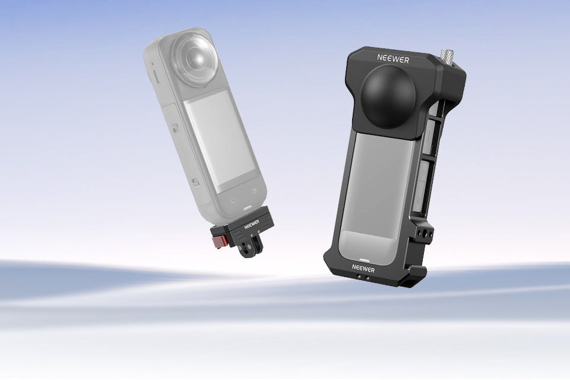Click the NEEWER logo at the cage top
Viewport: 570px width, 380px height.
click(x=393, y=58)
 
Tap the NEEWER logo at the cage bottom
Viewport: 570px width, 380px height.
click(x=363, y=268)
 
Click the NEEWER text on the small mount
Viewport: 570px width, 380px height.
click(x=252, y=225)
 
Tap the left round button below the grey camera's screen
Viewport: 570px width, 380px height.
click(x=233, y=200)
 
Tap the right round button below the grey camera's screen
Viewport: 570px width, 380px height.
click(x=254, y=191)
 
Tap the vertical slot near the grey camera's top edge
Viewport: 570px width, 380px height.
click(x=154, y=77)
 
